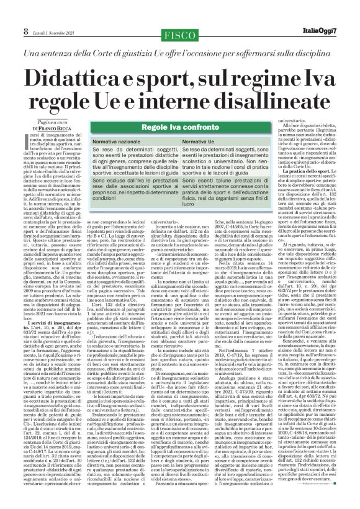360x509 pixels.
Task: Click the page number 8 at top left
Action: [x=8, y=12]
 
